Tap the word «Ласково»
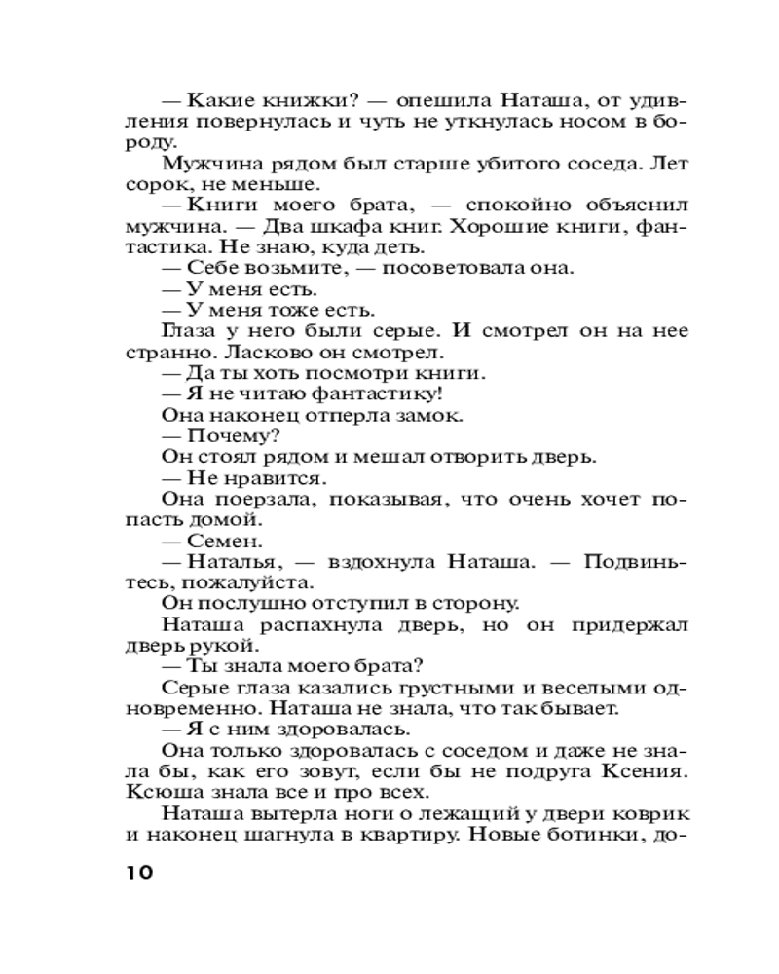(x=277, y=352)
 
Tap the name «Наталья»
(x=227, y=561)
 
